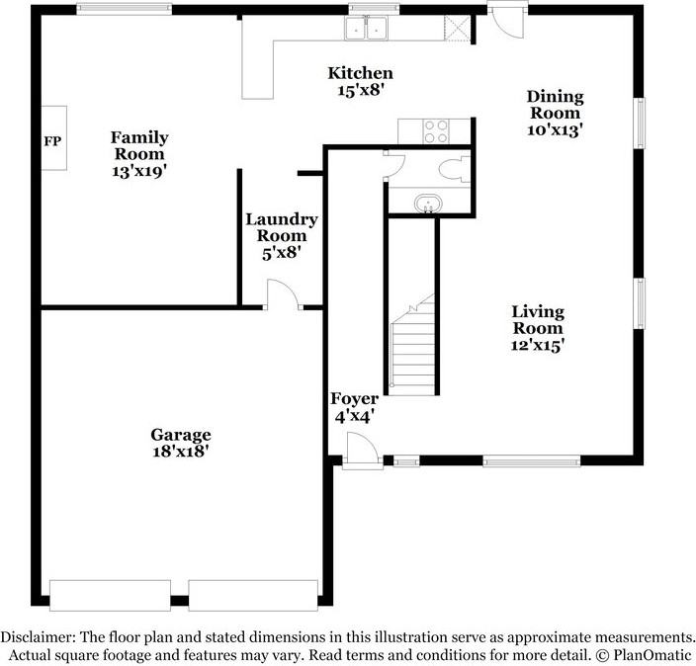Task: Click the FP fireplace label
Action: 52,141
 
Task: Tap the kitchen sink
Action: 366,28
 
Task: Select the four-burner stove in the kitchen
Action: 436,131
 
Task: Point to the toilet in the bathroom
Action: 454,169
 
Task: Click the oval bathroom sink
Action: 428,205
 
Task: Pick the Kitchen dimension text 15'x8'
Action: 361,90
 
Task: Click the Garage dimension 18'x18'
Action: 181,452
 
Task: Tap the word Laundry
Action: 282,220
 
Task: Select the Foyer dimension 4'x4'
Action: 354,416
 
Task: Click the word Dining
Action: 556,98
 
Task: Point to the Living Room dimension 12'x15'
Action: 538,345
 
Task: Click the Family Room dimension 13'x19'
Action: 139,171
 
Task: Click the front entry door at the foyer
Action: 362,451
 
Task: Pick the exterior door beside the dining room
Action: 507,20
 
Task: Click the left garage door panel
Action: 110,595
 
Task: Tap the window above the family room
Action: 124,9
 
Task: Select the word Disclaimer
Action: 38,637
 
